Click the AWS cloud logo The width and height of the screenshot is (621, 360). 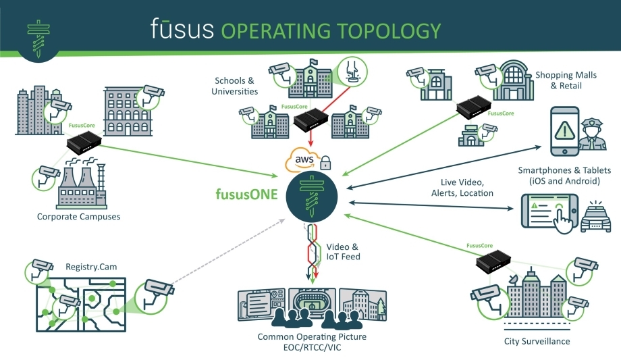(x=303, y=161)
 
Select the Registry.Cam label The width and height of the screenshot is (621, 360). (x=91, y=267)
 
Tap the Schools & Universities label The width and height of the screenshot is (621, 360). (x=234, y=86)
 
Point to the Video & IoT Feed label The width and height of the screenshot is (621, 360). (x=344, y=251)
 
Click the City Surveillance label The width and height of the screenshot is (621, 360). (x=537, y=341)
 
